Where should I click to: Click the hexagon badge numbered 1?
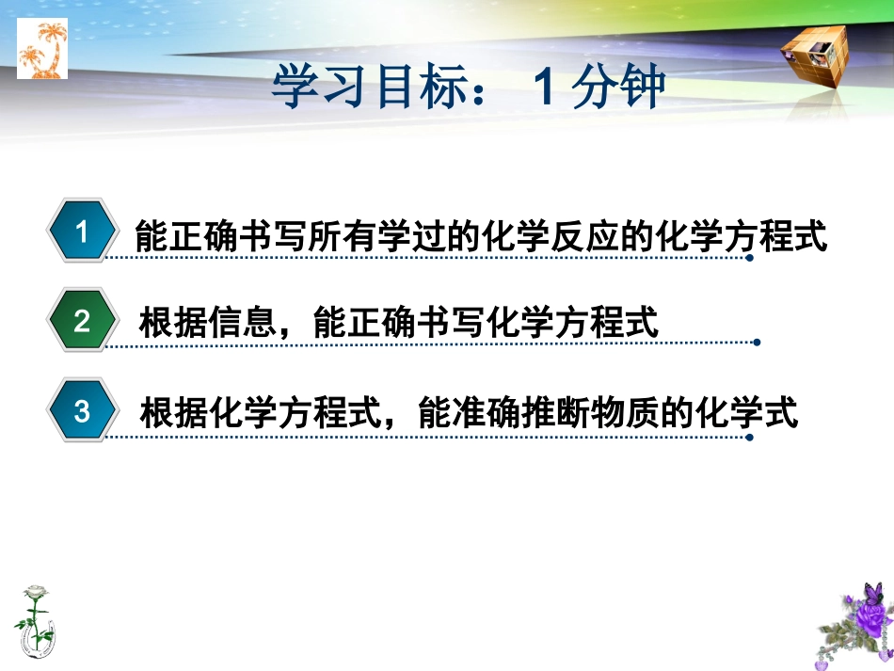click(82, 232)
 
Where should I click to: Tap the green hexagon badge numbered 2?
click(82, 321)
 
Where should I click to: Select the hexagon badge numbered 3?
click(82, 411)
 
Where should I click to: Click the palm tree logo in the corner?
click(42, 50)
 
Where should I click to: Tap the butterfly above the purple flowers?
click(873, 593)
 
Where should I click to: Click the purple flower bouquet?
click(855, 630)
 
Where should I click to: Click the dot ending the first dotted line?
click(749, 257)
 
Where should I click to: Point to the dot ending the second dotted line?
click(756, 343)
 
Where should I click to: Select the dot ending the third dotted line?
click(749, 436)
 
